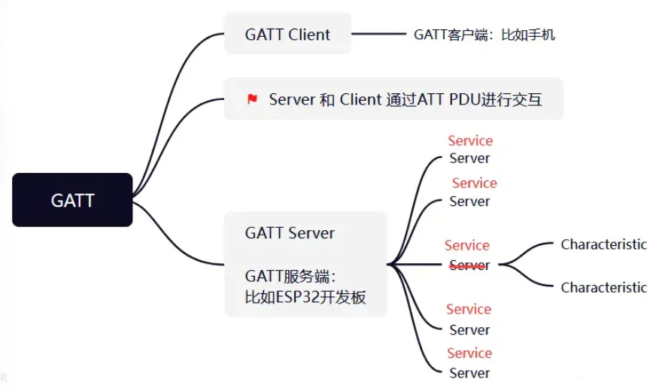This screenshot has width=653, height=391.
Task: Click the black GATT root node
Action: tap(72, 200)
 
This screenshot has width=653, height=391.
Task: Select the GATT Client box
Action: tap(287, 34)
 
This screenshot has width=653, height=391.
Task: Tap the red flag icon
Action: tap(253, 99)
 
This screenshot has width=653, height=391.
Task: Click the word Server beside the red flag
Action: tap(292, 99)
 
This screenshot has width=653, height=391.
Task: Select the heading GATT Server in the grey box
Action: tap(290, 233)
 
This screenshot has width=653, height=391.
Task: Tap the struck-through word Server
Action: tap(469, 265)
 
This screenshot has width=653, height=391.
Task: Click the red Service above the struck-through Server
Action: tap(466, 245)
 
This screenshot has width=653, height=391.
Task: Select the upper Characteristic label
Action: tap(603, 244)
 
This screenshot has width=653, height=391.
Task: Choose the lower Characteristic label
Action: tap(603, 287)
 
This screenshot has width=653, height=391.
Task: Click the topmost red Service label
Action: tap(470, 141)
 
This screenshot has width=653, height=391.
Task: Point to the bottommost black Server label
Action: tap(469, 373)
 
